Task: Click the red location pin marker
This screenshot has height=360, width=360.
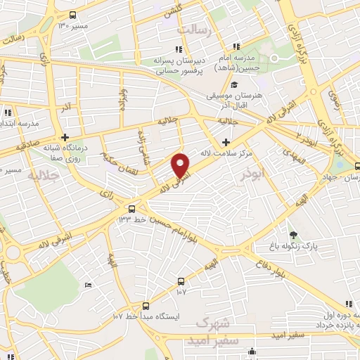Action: click(x=181, y=165)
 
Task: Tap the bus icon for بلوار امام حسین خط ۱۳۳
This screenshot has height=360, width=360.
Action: click(x=131, y=208)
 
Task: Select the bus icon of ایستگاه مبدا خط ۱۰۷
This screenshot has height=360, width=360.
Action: click(x=146, y=306)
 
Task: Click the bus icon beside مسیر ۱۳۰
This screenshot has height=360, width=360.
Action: click(x=74, y=15)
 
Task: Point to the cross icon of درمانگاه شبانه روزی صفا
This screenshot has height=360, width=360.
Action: click(x=65, y=137)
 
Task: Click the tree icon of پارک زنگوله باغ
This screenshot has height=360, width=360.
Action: click(x=293, y=235)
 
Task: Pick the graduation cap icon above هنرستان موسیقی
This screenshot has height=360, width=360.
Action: click(x=233, y=86)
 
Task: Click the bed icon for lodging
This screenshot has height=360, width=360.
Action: click(x=87, y=285)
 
